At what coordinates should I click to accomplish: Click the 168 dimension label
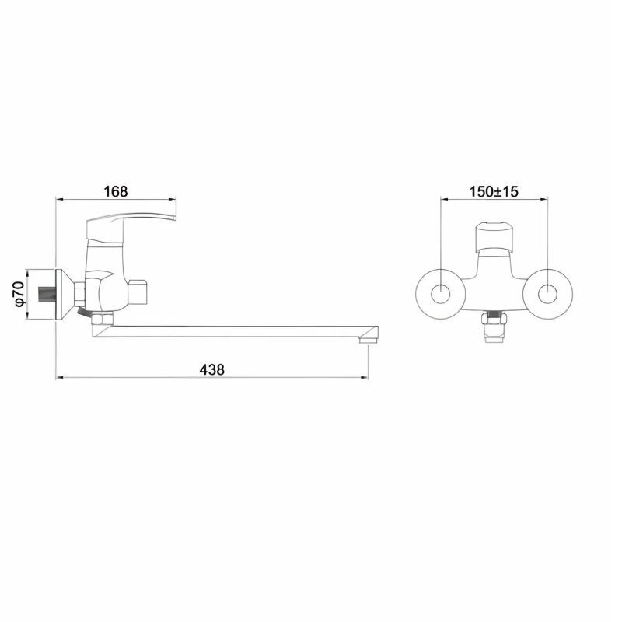[x=116, y=191]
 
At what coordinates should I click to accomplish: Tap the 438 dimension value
[x=211, y=370]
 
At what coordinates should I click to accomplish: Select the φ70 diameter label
[x=20, y=294]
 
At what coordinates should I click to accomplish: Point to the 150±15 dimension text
[x=494, y=191]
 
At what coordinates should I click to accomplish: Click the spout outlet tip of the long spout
[x=367, y=341]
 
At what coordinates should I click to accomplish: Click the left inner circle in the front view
[x=440, y=294]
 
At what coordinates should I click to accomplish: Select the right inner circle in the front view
[x=548, y=294]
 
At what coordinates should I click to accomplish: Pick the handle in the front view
[x=494, y=237]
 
